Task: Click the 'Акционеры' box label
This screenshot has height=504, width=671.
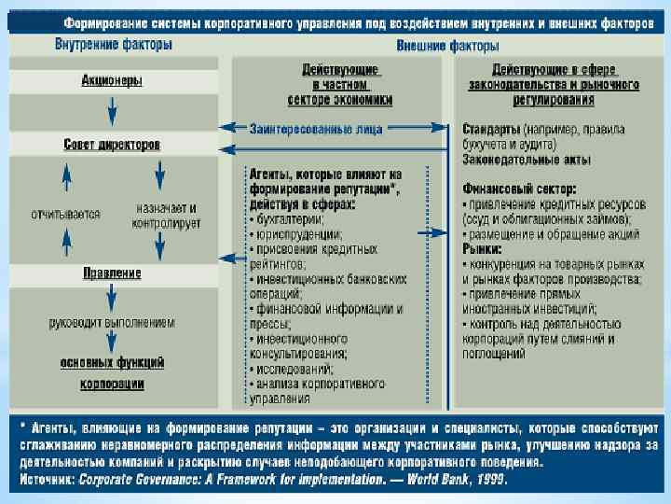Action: tap(111, 81)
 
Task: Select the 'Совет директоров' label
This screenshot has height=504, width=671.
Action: tap(112, 145)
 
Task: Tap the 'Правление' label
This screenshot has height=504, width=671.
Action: tap(112, 273)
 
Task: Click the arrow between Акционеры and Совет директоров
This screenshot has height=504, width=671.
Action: tap(112, 113)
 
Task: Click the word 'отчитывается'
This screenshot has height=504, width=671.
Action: tap(66, 214)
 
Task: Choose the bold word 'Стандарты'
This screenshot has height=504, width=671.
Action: tap(491, 128)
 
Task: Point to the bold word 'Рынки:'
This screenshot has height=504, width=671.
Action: tap(483, 250)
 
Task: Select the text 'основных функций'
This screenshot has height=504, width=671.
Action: tap(112, 361)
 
